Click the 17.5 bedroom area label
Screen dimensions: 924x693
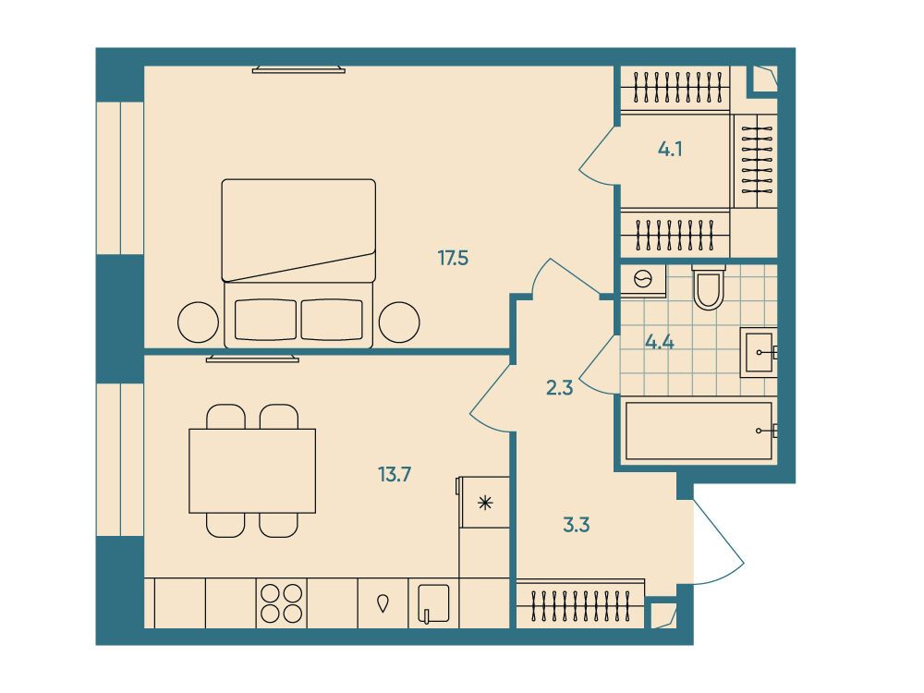(x=453, y=258)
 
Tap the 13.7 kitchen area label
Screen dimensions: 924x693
(x=395, y=474)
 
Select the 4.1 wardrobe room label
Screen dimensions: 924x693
(x=670, y=150)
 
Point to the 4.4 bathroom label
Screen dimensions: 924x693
(x=660, y=342)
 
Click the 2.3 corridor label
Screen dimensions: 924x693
(x=559, y=388)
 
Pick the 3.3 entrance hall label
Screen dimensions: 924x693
(x=576, y=525)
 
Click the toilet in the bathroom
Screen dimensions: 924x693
(x=709, y=287)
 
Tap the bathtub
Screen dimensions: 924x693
(x=699, y=431)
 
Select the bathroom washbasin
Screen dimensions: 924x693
(x=759, y=352)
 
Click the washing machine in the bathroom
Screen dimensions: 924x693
(x=643, y=279)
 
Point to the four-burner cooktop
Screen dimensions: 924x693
(x=282, y=602)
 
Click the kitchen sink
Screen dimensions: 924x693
(x=433, y=603)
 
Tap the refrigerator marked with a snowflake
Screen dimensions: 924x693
(x=484, y=502)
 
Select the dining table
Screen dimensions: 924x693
(x=252, y=471)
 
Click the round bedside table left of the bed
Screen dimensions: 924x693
(x=198, y=322)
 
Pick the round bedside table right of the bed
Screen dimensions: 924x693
(x=399, y=322)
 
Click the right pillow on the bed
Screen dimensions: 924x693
(x=332, y=320)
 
